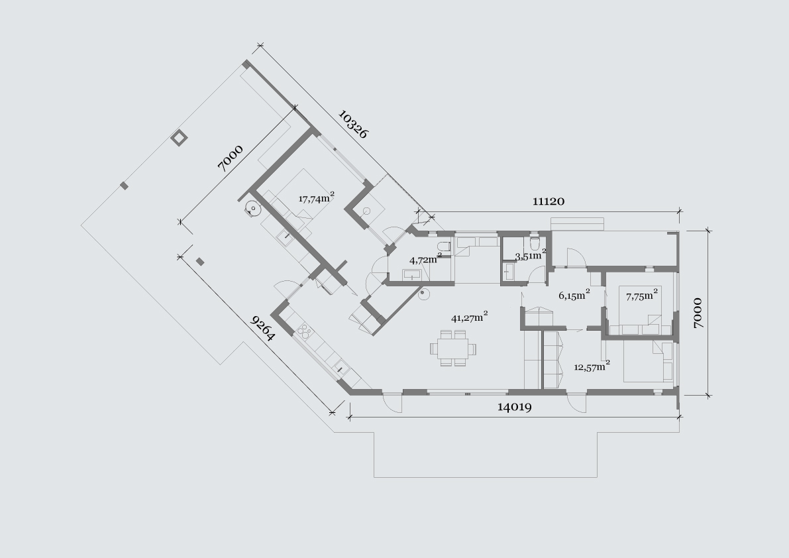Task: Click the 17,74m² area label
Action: tap(317, 197)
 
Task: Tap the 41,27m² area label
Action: tap(470, 317)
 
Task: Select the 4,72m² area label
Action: tap(426, 260)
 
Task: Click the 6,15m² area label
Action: tap(574, 295)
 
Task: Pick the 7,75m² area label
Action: tap(641, 296)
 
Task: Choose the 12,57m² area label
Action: tap(592, 366)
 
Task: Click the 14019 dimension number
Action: tap(514, 407)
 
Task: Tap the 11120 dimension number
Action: tap(549, 201)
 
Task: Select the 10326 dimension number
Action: tap(353, 125)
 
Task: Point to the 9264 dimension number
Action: tap(262, 329)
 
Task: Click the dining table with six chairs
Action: tap(453, 348)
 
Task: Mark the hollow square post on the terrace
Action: tap(179, 138)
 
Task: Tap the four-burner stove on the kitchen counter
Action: tap(304, 331)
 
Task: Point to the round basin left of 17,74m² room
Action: tap(252, 208)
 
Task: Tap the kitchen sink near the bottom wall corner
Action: tap(342, 368)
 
